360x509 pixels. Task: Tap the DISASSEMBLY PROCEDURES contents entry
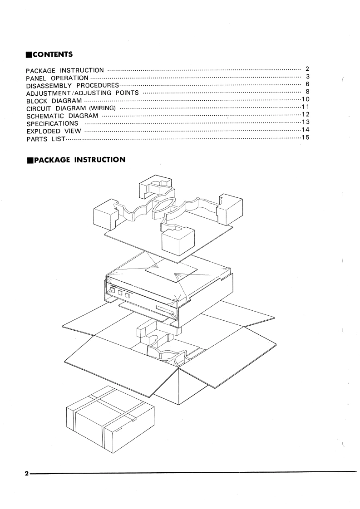pos(72,86)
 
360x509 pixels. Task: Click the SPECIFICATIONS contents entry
pos(52,123)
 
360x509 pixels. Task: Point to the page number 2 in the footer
pos(27,473)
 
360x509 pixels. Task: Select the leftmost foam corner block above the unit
pos(105,216)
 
